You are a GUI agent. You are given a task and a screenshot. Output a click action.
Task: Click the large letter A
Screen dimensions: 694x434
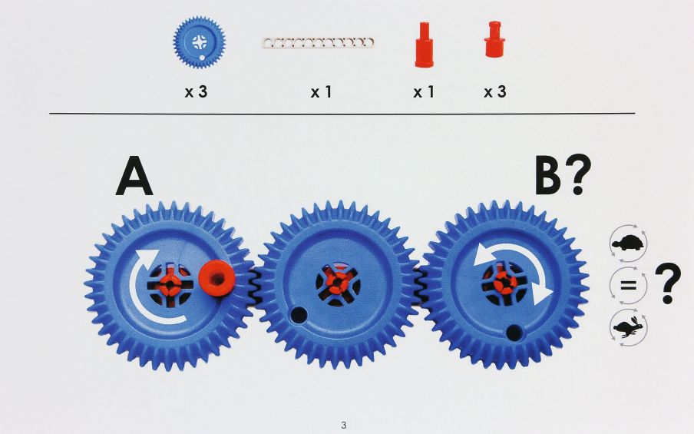pos(134,176)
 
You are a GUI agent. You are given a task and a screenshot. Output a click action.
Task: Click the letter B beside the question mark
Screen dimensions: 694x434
pos(548,175)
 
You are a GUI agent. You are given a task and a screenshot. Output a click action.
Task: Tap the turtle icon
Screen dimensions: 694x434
pos(628,243)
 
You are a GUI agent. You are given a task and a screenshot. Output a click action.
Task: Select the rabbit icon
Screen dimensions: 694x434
pos(628,328)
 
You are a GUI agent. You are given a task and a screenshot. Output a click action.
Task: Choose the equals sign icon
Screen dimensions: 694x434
pos(628,285)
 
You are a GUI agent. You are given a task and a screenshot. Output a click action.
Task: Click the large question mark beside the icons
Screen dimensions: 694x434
pos(668,284)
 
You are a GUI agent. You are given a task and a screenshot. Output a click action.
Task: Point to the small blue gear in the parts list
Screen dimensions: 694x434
pos(199,42)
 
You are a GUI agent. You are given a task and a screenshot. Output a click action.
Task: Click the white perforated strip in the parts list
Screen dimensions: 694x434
pos(318,43)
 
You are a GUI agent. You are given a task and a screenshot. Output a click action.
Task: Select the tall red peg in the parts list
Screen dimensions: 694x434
pos(424,45)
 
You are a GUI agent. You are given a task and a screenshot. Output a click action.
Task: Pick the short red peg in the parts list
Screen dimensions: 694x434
pos(494,39)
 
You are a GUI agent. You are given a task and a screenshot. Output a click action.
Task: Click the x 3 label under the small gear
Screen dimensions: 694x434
pos(196,91)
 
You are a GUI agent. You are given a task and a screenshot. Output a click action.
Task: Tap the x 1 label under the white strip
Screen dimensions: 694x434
pos(322,91)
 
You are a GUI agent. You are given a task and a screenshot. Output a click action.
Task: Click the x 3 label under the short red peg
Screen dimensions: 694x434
pos(495,91)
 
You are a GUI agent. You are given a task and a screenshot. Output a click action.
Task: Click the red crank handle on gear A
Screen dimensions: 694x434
pos(216,278)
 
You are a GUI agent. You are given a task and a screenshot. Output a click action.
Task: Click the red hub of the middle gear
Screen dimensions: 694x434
pos(338,283)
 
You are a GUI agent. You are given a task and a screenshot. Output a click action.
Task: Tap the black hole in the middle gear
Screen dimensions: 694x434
pos(299,315)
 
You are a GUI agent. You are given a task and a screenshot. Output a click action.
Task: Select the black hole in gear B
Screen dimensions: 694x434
pos(514,333)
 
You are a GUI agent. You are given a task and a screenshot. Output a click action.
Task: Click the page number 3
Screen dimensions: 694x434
pos(343,425)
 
